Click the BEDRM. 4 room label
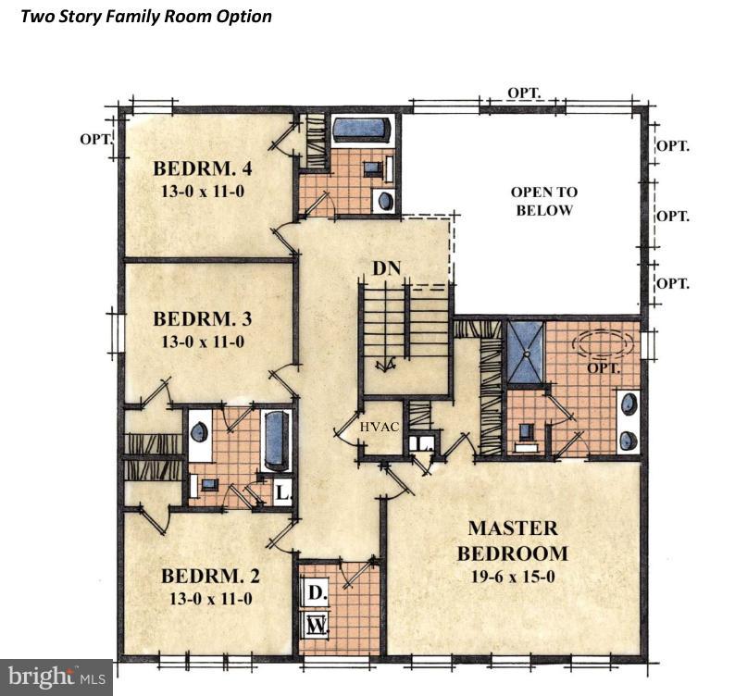point(203,168)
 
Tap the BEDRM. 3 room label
point(203,318)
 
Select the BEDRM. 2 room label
point(210,576)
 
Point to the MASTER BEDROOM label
point(513,541)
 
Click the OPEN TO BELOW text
point(544,201)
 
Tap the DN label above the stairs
point(387,268)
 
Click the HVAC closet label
point(380,427)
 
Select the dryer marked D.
point(317,593)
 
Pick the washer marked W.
point(317,625)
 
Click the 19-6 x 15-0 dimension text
point(513,577)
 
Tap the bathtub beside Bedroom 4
point(361,128)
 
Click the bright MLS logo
point(56,677)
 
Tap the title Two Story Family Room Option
point(146,17)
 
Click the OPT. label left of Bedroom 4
point(96,139)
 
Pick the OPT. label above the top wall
point(524,93)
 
